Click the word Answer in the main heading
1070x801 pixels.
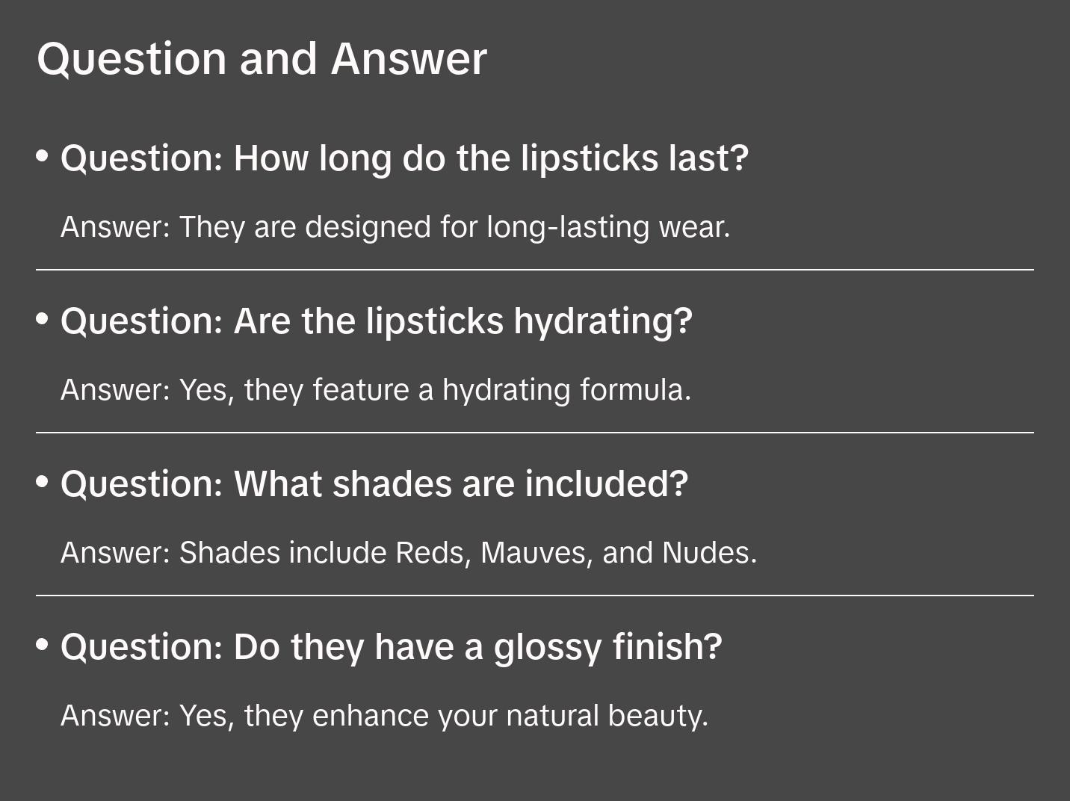tap(409, 59)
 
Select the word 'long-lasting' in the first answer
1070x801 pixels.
tap(568, 227)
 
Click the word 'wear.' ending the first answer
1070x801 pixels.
tap(694, 227)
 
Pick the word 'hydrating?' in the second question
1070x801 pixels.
tap(603, 322)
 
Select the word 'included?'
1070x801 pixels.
tap(606, 484)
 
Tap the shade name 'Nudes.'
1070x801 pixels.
tap(709, 553)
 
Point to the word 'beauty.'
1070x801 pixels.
tap(658, 716)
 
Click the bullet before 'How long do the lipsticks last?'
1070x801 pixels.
tap(43, 156)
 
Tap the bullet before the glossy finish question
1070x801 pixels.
tap(43, 644)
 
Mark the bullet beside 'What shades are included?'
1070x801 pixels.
tap(43, 482)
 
